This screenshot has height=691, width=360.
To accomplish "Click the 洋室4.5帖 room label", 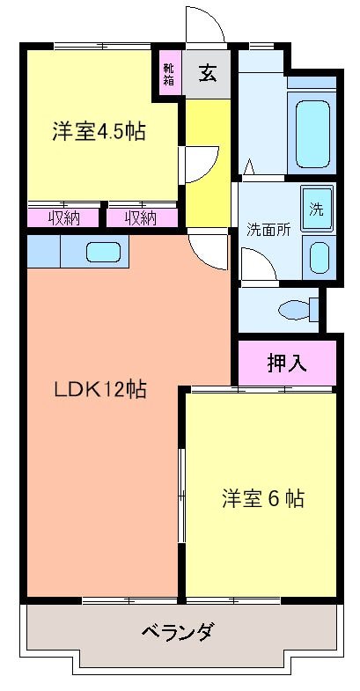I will point(99,133).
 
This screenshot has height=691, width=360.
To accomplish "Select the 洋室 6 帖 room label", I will point(261,498).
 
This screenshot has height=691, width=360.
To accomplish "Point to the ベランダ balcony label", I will point(177,631).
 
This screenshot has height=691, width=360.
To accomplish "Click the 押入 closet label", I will point(287,363).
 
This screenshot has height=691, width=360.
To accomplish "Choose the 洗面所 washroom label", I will point(268,231).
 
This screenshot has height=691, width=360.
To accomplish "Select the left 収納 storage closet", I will point(64,217).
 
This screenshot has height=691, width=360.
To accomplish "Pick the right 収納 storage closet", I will point(141,217).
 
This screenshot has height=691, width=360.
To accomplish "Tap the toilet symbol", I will point(294,310).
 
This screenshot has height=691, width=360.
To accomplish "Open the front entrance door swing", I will point(204,26).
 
